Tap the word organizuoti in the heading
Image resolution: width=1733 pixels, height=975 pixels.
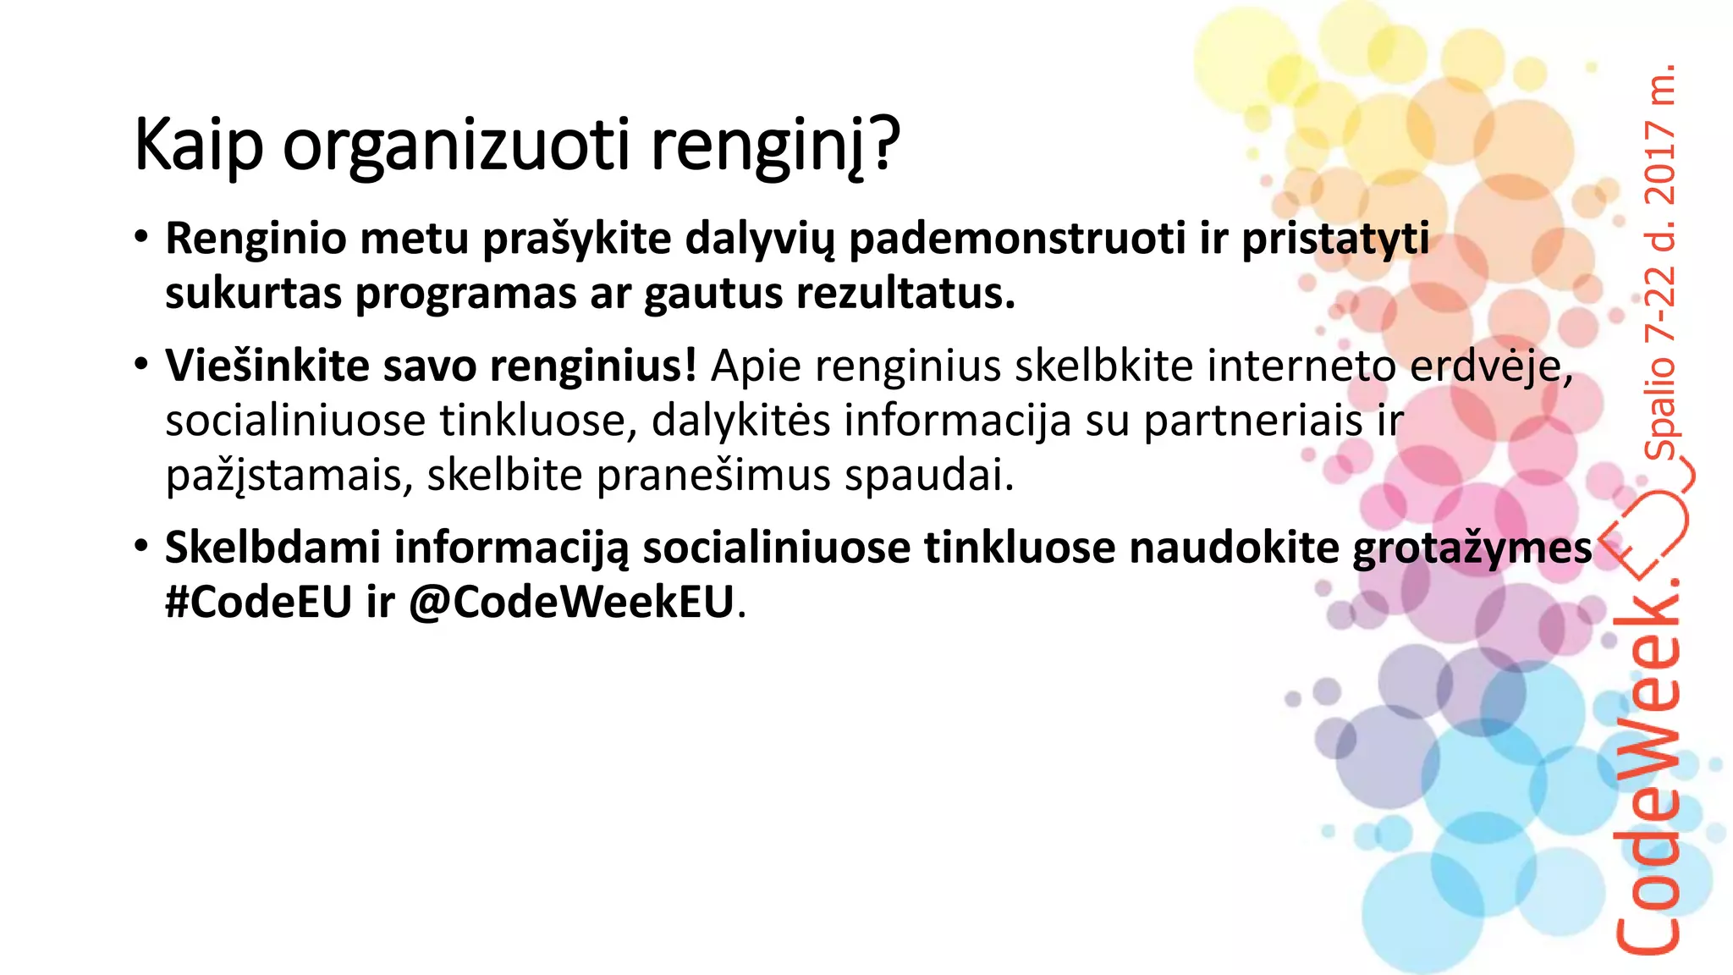[x=456, y=146]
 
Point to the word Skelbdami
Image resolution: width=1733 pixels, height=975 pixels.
[x=272, y=548]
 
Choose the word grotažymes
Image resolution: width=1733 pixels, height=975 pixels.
[x=1472, y=549]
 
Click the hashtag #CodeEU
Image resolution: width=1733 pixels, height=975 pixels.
[x=258, y=603]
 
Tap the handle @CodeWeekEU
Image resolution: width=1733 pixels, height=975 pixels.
[x=571, y=603]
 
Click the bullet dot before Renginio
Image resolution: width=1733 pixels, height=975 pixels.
[x=141, y=237]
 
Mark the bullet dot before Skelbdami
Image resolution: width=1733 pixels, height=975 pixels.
[x=141, y=546]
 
